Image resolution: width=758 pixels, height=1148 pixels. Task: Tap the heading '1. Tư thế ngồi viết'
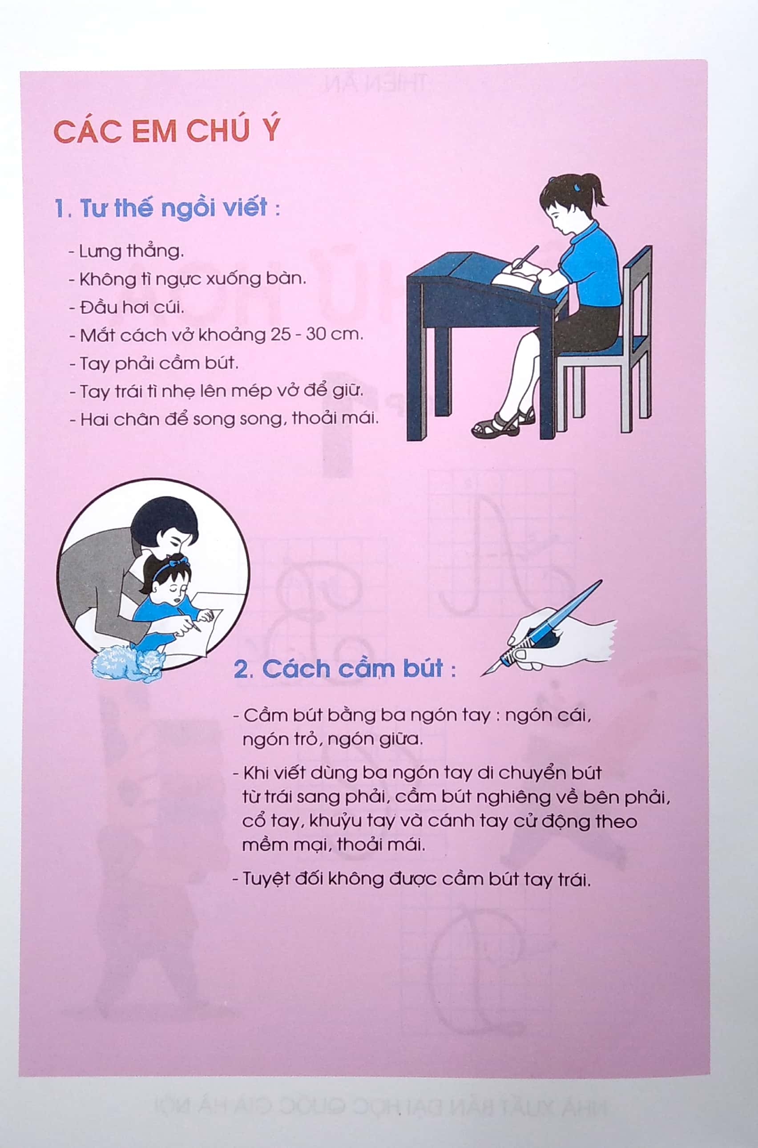167,208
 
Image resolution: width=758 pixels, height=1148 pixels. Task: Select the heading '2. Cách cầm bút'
344,669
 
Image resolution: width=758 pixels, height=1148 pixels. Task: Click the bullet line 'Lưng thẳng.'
127,251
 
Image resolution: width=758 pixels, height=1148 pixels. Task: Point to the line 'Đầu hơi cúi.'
127,307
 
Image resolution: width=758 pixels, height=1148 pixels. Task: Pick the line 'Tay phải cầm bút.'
154,363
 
